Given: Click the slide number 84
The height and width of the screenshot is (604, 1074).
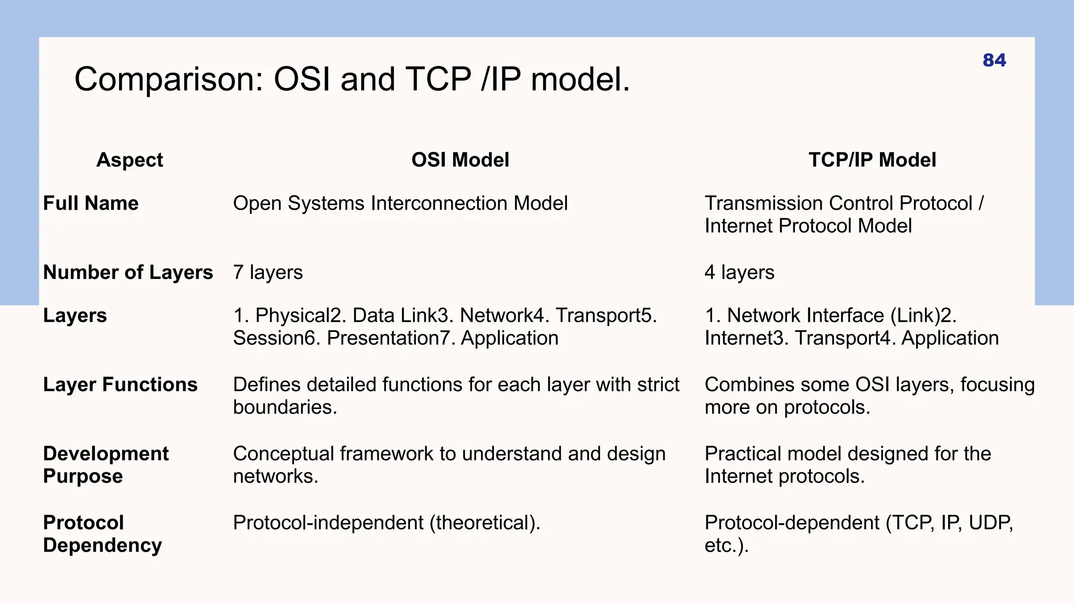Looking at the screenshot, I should pos(994,60).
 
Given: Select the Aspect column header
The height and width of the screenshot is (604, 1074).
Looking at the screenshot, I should pos(130,160).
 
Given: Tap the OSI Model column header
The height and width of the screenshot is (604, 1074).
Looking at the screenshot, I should pos(460,160).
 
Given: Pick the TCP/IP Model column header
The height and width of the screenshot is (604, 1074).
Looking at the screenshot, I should pos(872,160).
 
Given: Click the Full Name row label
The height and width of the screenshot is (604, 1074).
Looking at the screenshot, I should pos(91,203).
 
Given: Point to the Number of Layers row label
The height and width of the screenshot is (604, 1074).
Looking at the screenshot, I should pos(128,273).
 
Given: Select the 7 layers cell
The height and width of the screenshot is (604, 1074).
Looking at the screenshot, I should pos(268,273).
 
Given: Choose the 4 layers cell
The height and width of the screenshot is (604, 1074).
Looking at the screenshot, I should pos(739,273).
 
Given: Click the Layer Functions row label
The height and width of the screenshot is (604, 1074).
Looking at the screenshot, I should pos(120,385).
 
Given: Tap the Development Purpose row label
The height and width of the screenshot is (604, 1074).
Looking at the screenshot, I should pos(105,465).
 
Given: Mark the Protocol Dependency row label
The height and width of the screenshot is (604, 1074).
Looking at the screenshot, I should pos(102,534).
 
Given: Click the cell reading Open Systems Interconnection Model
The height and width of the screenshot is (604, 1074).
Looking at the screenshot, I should pos(400,203).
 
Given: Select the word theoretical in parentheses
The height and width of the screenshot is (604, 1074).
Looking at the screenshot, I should pos(484,523).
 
